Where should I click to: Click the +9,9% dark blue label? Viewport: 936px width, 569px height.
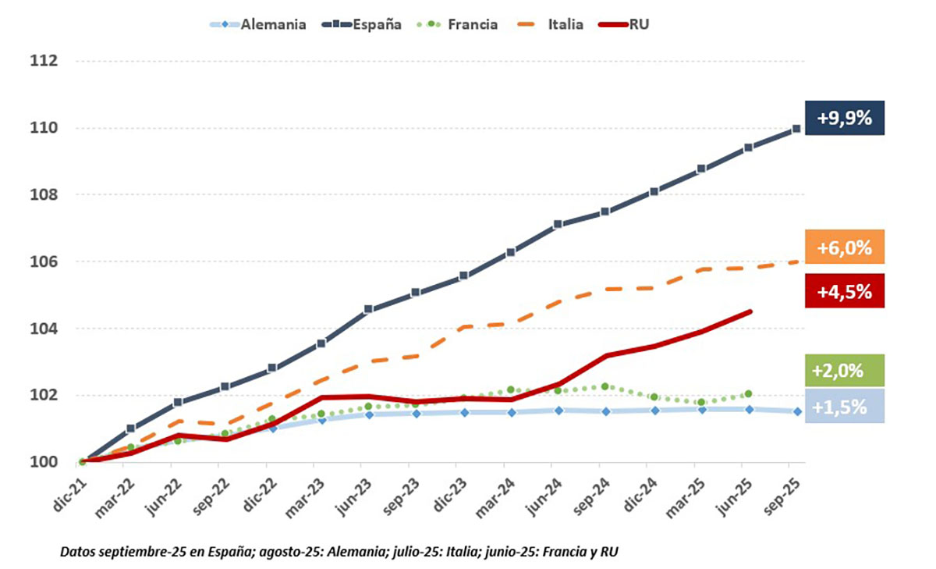click(x=845, y=118)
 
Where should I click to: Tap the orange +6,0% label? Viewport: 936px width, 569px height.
click(x=845, y=247)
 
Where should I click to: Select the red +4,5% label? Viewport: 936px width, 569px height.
click(x=845, y=291)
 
